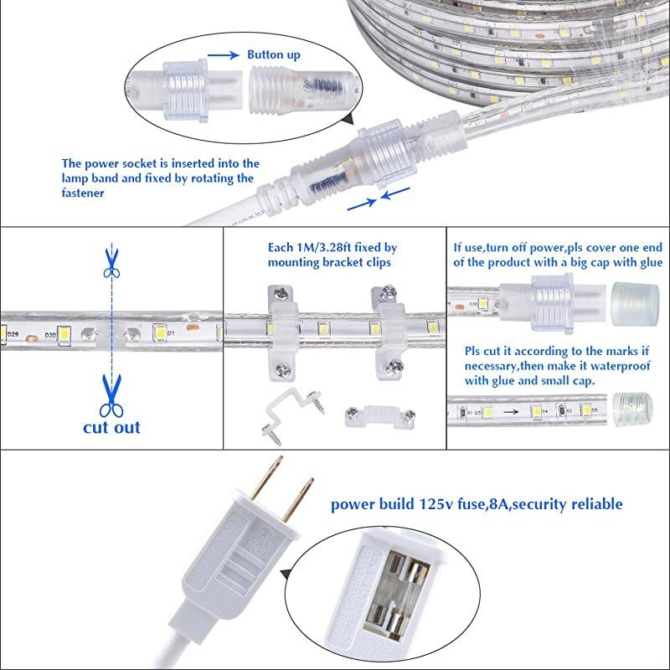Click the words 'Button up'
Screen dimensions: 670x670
[272, 54]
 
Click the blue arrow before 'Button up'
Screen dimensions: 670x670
[221, 55]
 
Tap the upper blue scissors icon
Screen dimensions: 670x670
[110, 262]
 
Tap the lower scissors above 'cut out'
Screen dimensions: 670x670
[110, 397]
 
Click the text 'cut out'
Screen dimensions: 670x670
[111, 428]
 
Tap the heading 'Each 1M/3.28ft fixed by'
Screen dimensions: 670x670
[332, 248]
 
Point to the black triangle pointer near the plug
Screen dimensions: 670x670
[287, 574]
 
